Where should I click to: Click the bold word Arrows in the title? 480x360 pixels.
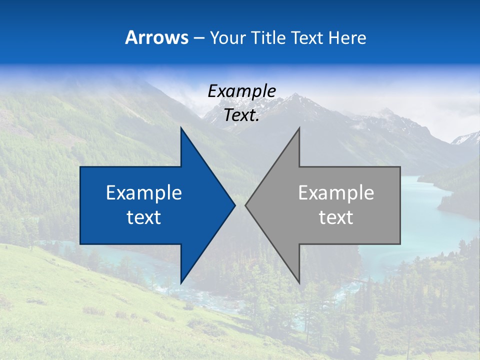(157, 37)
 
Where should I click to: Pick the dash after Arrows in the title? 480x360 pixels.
(198, 38)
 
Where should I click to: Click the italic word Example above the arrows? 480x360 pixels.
(241, 91)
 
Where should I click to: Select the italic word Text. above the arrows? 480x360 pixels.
(241, 115)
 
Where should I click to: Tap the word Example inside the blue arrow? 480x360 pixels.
(144, 192)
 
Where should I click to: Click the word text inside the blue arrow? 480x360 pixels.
(144, 217)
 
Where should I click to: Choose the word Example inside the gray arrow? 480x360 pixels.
(336, 192)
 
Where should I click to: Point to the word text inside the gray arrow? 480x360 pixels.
(336, 217)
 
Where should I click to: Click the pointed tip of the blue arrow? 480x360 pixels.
(234, 205)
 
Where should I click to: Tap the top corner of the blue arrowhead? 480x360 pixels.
(181, 128)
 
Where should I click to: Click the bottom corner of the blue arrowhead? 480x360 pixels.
(181, 282)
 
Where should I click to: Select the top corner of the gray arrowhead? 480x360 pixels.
(299, 128)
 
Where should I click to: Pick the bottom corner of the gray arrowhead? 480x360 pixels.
(299, 282)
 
